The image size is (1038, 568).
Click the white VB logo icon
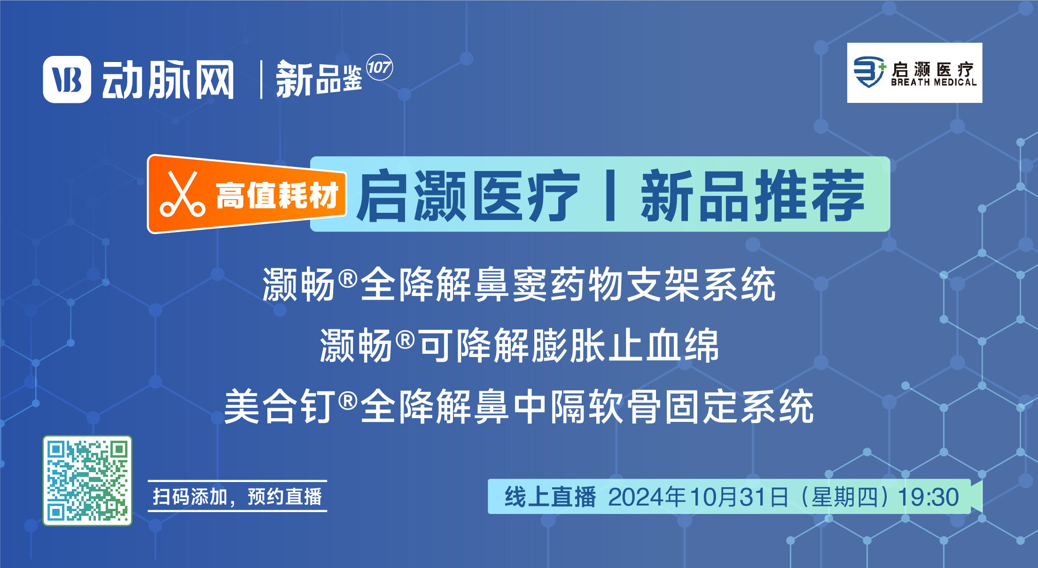coord(67,79)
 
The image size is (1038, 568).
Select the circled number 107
coord(379,68)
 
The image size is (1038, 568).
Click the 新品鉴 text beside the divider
coord(319,79)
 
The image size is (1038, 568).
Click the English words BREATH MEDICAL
coord(934,82)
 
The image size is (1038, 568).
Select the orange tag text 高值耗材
coord(277,195)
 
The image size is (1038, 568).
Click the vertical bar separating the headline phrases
coord(610,195)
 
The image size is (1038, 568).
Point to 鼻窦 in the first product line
coord(511,284)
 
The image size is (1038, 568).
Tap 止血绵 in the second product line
coord(663,345)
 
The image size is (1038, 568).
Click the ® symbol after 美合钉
coord(348,401)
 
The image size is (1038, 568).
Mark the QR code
coord(87,480)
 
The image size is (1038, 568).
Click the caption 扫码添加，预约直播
coord(237,497)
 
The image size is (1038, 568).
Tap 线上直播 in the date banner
coord(550,497)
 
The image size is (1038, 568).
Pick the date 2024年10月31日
coord(698,497)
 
